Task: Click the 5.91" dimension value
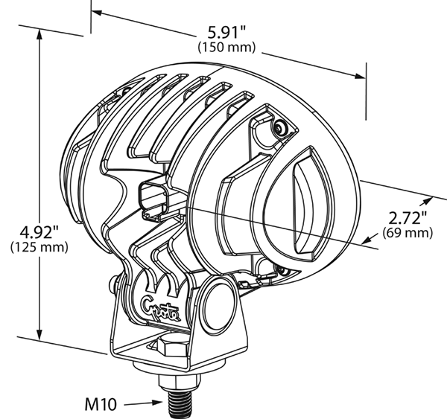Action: (x=226, y=32)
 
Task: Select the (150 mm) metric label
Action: (x=226, y=47)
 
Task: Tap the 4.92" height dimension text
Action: (x=39, y=231)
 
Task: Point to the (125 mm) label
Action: (x=39, y=247)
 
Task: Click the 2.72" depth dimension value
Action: (x=408, y=218)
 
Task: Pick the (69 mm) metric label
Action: (x=408, y=233)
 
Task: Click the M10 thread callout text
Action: (x=101, y=404)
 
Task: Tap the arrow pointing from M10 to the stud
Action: (x=143, y=403)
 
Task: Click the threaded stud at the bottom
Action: (x=180, y=403)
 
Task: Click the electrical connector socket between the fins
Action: (x=153, y=198)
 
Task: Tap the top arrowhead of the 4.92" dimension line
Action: (x=39, y=33)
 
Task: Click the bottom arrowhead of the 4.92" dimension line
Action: (x=39, y=334)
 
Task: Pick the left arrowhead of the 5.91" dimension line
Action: (x=97, y=13)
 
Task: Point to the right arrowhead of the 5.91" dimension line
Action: (x=360, y=76)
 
